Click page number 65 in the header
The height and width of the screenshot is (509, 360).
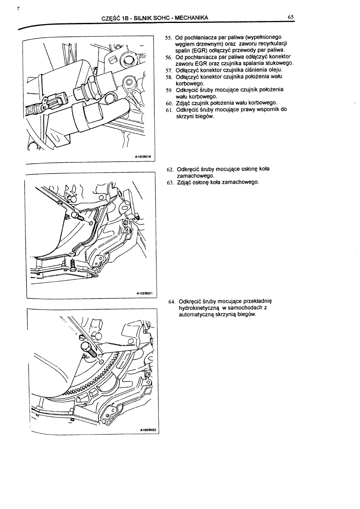[x=291, y=17]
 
